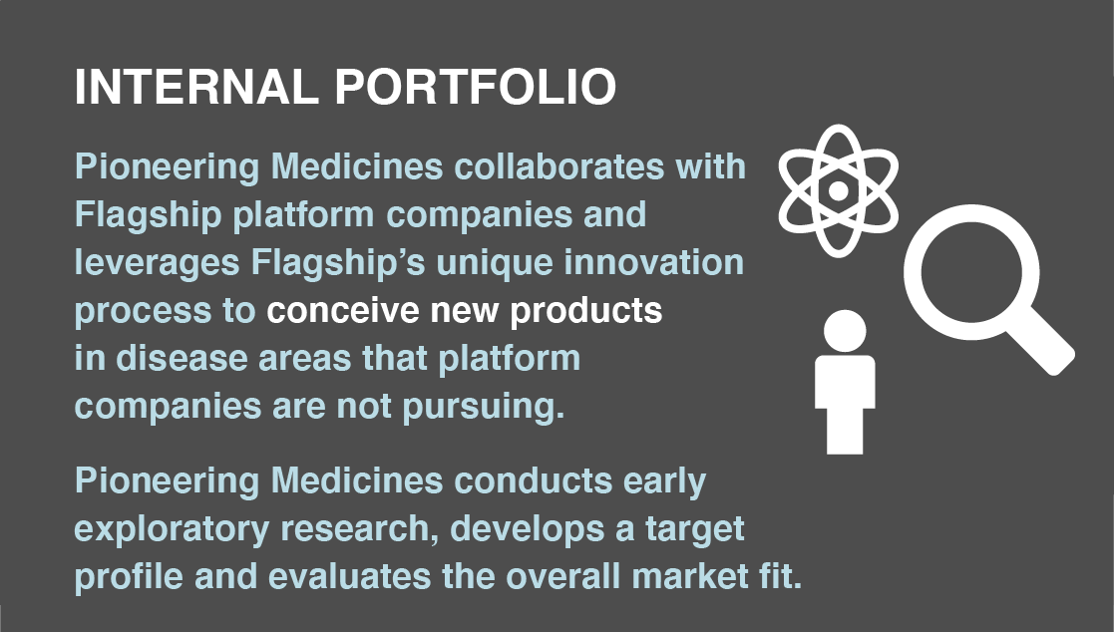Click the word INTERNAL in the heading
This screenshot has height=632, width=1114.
[x=196, y=88]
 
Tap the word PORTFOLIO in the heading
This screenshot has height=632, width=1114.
[x=476, y=88]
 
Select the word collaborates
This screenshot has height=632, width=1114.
[x=559, y=166]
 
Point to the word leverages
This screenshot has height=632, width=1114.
[x=157, y=264]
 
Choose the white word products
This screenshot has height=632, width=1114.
[x=586, y=312]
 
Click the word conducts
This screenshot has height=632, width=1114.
[x=533, y=480]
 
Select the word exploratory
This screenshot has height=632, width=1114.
[x=172, y=530]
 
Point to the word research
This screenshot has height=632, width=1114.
[x=359, y=529]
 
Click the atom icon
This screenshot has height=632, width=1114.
[x=839, y=190]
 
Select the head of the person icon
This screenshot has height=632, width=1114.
[x=845, y=332]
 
